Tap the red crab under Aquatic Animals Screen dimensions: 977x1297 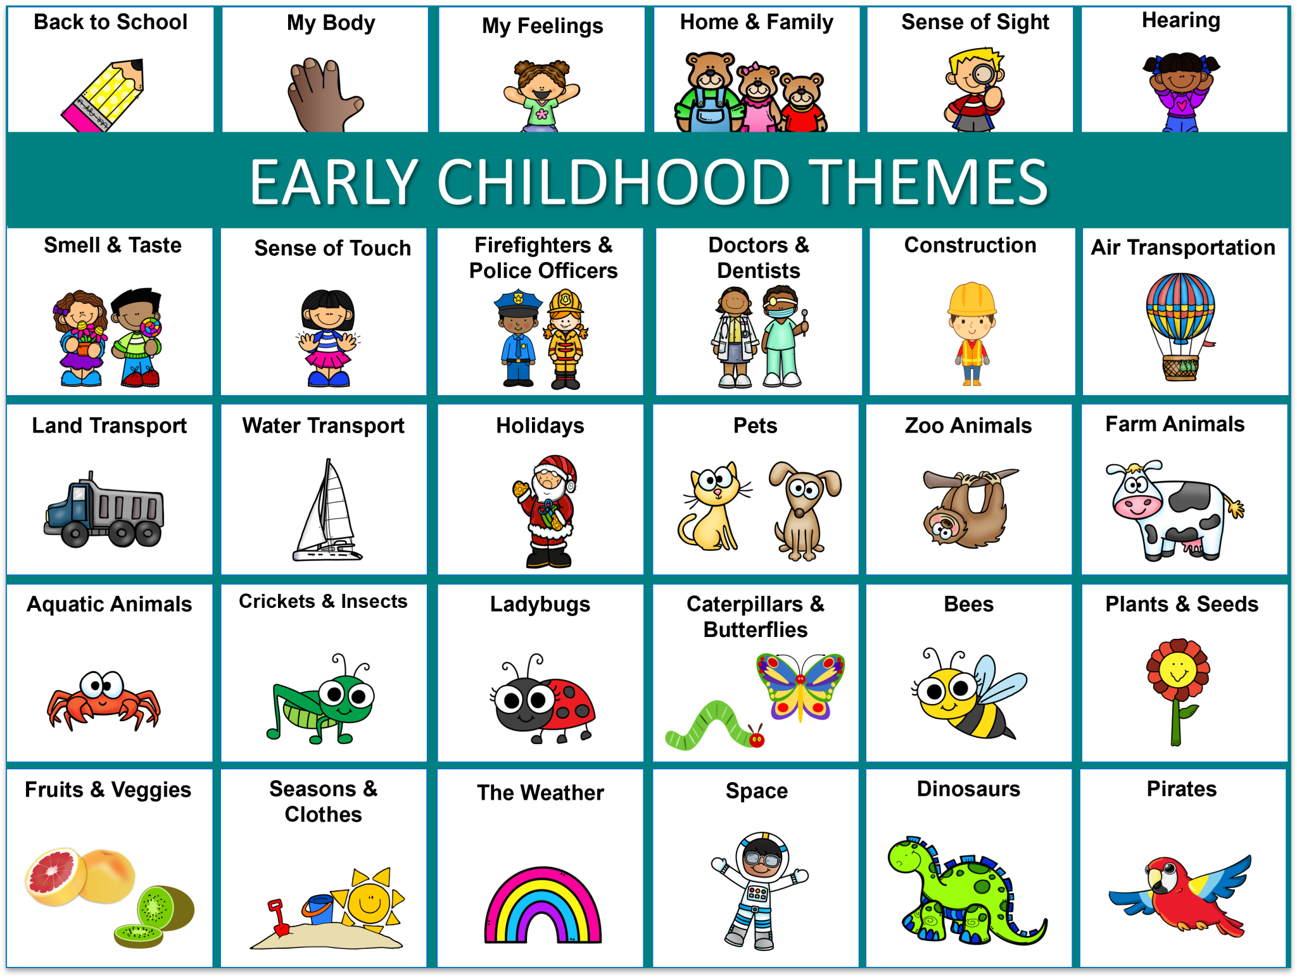pyautogui.click(x=103, y=699)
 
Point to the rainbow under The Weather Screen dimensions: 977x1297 pyautogui.click(x=543, y=905)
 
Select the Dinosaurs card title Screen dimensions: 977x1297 pyautogui.click(x=968, y=789)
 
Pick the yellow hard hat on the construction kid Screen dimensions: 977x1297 pyautogui.click(x=971, y=298)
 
